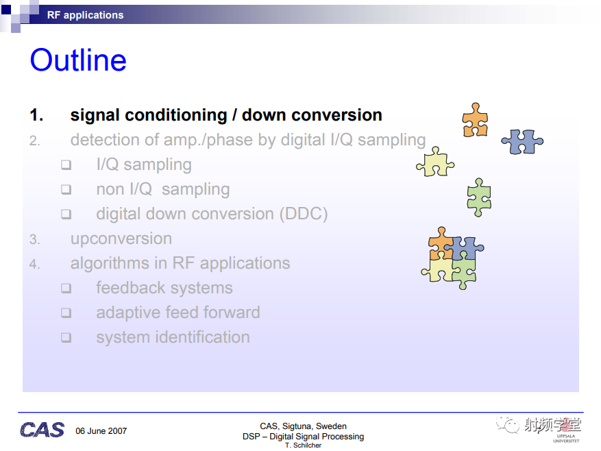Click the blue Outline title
pos(78,60)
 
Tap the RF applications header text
pos(85,15)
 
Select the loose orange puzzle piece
pos(475,120)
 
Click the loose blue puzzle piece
pos(522,141)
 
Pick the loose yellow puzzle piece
pos(435,162)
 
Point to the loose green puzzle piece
pos(479,197)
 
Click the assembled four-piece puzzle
pos(452,258)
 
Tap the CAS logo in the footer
pos(42,430)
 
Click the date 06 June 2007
pos(101,431)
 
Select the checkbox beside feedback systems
pos(66,288)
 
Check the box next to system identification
pos(66,337)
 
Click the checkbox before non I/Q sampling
pos(66,189)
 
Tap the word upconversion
pos(121,239)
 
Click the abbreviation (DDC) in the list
pos(304,214)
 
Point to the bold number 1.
pos(36,115)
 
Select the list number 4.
pos(34,264)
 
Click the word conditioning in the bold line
pos(176,115)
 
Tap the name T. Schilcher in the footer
pos(303,446)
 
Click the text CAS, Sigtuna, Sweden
pos(303,426)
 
